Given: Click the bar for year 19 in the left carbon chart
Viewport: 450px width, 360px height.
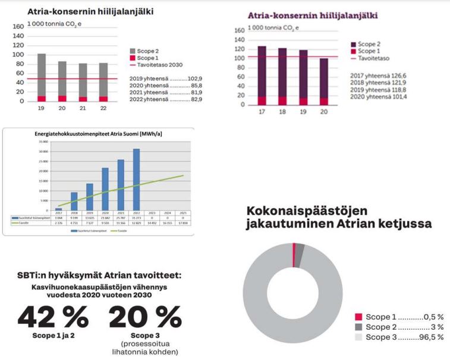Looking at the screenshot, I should (x=41, y=77).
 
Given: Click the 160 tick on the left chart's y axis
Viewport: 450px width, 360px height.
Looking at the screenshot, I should (x=18, y=27).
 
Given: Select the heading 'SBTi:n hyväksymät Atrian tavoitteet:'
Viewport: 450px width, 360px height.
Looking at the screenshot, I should (x=99, y=276).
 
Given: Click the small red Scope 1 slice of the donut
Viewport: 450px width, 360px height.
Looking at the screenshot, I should (x=294, y=247).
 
